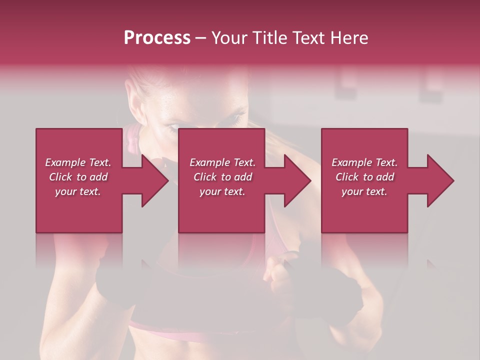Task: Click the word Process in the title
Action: click(x=157, y=38)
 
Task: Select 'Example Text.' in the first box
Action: click(x=78, y=162)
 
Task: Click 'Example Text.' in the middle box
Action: click(x=222, y=162)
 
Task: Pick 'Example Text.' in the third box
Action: click(x=364, y=162)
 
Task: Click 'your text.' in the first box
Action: click(x=78, y=191)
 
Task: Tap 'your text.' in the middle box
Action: click(x=222, y=191)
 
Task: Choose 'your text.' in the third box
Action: click(x=364, y=191)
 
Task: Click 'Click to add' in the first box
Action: click(x=78, y=177)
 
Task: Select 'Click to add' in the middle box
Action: click(x=222, y=177)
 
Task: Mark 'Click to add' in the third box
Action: click(x=364, y=177)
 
